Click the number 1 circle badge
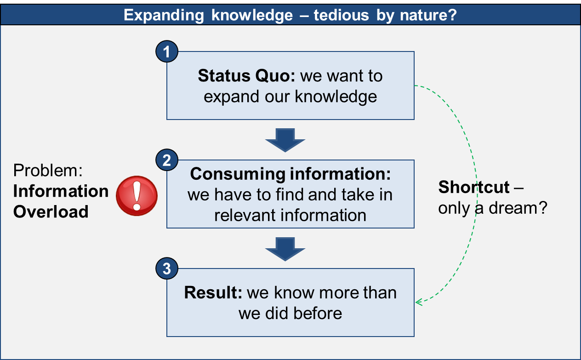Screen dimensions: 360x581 pos(166,51)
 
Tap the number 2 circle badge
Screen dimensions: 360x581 pos(166,160)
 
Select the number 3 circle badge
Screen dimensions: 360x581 pos(166,269)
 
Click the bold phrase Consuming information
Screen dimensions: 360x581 pos(290,174)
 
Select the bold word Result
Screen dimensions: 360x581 pos(213,292)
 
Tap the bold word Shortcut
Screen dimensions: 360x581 pos(474,187)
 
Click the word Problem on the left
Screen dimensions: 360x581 pos(48,171)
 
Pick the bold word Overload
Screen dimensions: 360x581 pos(51,211)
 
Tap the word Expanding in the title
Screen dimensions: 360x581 pos(164,16)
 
